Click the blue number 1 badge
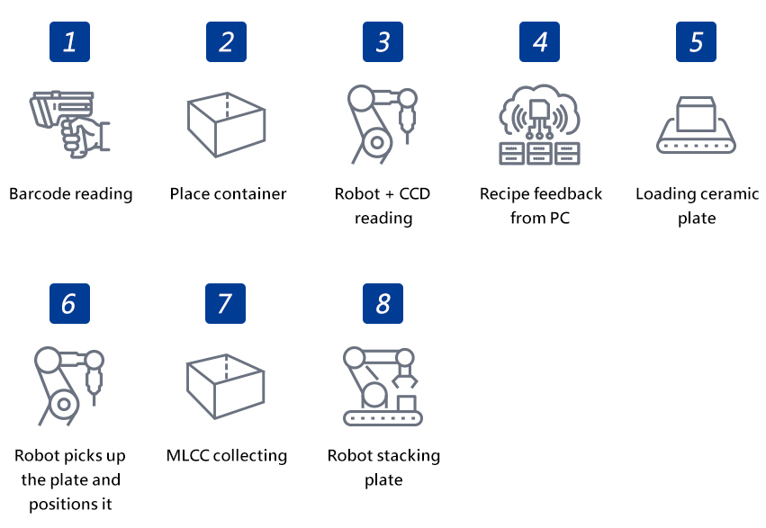[x=69, y=41]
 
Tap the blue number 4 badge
[x=539, y=41]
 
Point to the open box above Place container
[x=226, y=124]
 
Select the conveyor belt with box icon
[x=696, y=124]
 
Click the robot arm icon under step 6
[x=68, y=385]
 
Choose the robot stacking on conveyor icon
[x=383, y=385]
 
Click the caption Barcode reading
[x=70, y=193]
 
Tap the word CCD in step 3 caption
[x=413, y=193]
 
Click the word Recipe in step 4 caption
[x=505, y=193]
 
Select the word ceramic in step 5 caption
[x=725, y=193]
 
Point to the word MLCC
[x=190, y=455]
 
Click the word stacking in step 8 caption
[x=405, y=455]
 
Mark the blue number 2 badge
[x=226, y=41]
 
